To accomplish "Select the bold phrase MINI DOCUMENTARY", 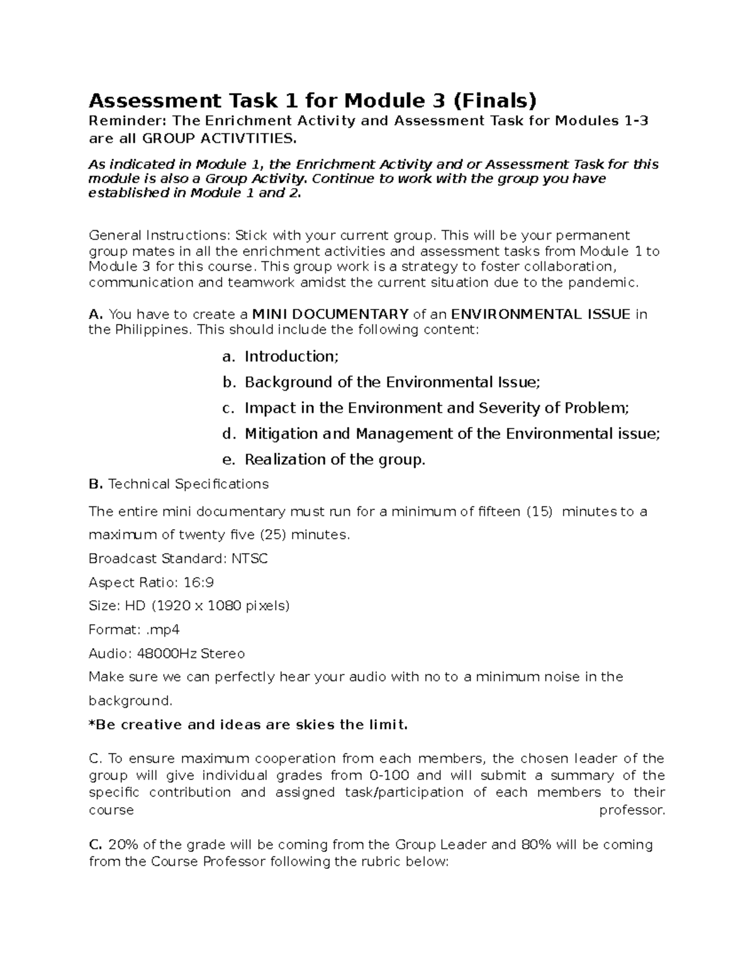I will (330, 314).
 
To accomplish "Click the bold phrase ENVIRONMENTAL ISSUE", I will (541, 314).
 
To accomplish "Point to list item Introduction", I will (291, 357).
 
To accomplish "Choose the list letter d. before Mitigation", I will (228, 434).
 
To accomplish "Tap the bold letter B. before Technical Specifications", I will (96, 484).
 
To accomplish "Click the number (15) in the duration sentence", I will (539, 511).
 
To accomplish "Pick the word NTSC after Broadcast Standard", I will (250, 559).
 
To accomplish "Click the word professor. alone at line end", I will (632, 810).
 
